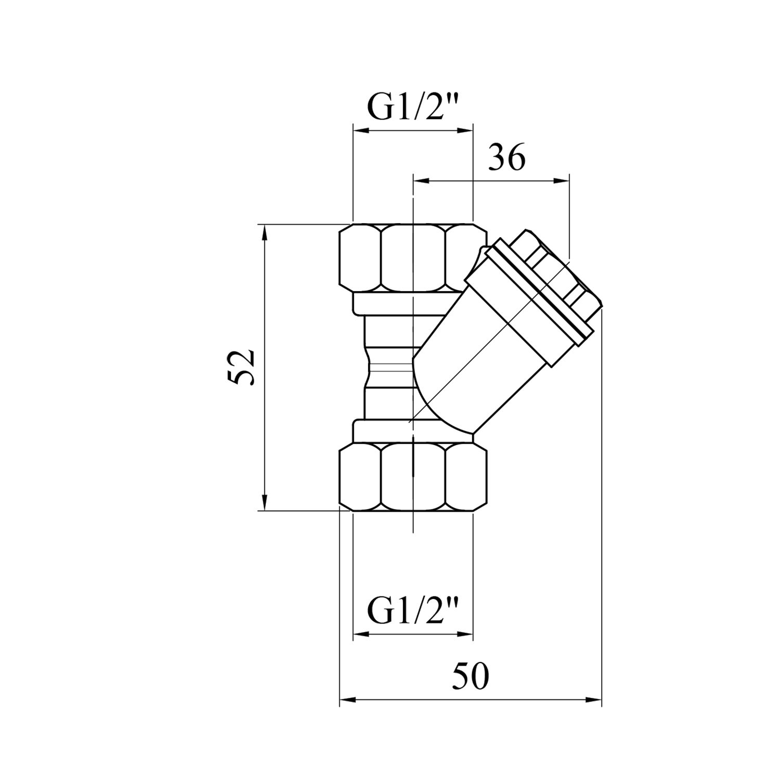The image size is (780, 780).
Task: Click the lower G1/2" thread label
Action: click(413, 611)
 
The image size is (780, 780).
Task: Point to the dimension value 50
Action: click(470, 677)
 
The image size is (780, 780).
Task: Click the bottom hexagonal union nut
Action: click(413, 476)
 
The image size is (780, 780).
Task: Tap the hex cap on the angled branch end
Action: click(556, 270)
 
